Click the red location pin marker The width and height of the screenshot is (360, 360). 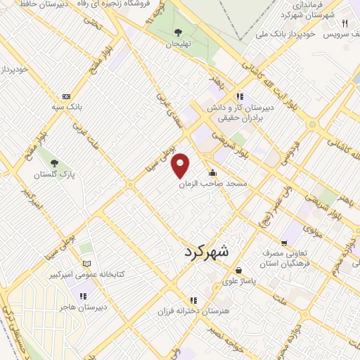point(181,166)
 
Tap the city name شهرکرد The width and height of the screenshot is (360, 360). point(212,253)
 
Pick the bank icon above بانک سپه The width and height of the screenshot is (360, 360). point(66,96)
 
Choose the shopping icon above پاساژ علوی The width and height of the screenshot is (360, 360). point(239,269)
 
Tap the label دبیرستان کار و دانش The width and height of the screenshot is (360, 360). point(235,108)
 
